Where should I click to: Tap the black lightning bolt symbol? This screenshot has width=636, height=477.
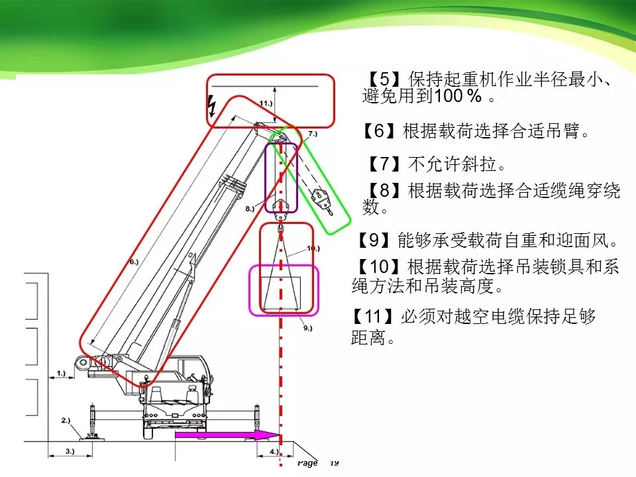pos(213,106)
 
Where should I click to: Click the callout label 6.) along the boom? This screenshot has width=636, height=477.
pos(133,262)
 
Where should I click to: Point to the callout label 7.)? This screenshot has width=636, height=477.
pos(313,134)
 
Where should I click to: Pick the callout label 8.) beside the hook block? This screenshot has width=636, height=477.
pos(249,208)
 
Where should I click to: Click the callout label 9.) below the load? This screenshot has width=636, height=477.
pos(305,327)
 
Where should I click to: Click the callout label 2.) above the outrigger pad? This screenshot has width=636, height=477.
pos(66,420)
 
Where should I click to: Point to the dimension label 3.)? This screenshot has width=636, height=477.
pos(70,450)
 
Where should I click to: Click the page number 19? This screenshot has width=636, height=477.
pos(334,463)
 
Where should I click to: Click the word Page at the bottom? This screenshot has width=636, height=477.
pos(307,463)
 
